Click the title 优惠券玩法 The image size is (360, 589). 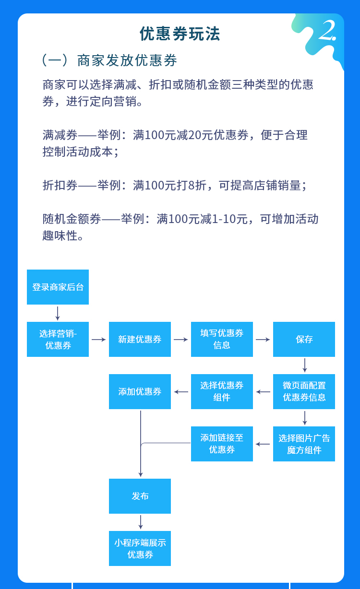[180, 34]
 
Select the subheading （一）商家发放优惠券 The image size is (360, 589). [110, 60]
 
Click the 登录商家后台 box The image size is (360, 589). [58, 287]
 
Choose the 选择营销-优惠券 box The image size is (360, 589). [58, 339]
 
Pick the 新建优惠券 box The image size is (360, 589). [140, 339]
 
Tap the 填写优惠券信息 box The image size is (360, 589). [222, 339]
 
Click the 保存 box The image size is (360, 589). [304, 339]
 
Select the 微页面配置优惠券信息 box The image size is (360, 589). [304, 391]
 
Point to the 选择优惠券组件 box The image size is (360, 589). [222, 391]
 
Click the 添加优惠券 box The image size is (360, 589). [140, 391]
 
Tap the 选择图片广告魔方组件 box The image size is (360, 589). [304, 444]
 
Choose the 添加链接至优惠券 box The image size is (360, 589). [222, 444]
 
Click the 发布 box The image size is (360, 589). [140, 496]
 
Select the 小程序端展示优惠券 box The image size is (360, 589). [140, 548]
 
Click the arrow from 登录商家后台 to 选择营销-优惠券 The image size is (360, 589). [58, 313]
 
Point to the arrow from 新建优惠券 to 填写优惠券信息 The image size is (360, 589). [181, 340]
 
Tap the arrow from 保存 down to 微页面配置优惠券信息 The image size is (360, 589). [304, 365]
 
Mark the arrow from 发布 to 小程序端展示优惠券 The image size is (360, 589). [140, 522]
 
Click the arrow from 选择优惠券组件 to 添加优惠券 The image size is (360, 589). [181, 392]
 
